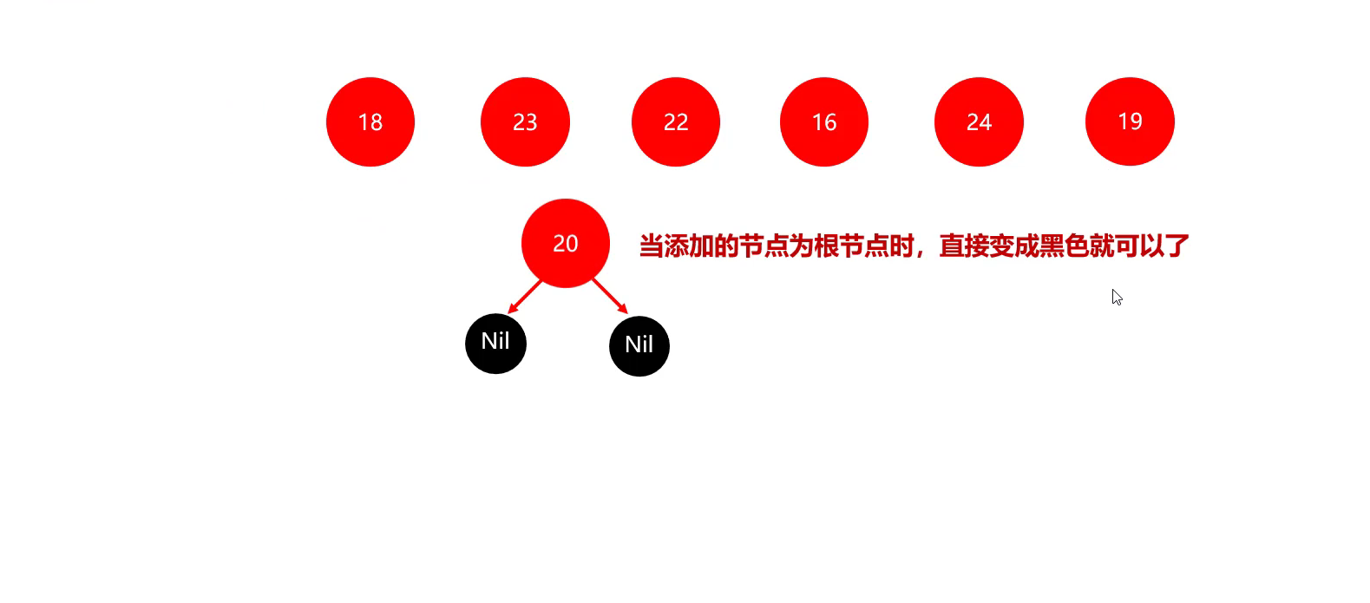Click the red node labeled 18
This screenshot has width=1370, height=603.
(x=370, y=121)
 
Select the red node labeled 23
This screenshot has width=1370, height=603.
(x=525, y=121)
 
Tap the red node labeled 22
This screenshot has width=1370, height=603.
(x=676, y=121)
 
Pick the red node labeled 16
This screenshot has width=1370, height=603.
(x=824, y=121)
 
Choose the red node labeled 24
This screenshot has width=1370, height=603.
(x=979, y=121)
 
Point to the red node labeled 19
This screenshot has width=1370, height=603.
(x=1130, y=121)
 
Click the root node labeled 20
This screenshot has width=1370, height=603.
(x=566, y=243)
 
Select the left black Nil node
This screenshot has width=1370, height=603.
(x=495, y=343)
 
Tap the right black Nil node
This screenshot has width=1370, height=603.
(x=639, y=345)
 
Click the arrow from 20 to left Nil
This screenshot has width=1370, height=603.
(x=526, y=296)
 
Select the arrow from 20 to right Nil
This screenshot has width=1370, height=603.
(x=609, y=296)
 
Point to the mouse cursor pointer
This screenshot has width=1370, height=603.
(x=1117, y=297)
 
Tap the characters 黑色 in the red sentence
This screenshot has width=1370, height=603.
(x=1065, y=246)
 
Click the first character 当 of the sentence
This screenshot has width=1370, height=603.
(x=652, y=246)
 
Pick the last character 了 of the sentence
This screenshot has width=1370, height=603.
(x=1177, y=246)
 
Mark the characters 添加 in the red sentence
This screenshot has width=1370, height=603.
(x=689, y=246)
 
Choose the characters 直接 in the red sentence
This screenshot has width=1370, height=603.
(x=964, y=246)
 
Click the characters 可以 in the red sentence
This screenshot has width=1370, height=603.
(x=1140, y=246)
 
